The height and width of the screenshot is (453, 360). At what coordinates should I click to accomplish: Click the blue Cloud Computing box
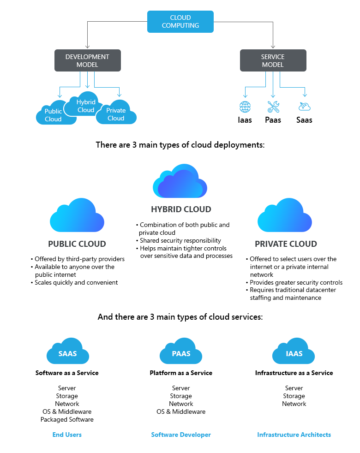coord(180,22)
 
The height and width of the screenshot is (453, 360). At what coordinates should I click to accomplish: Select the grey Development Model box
coord(88,60)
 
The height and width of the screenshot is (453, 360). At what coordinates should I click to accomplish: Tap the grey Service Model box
coord(273,60)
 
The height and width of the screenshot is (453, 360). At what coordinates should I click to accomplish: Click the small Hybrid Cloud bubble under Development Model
coord(86,106)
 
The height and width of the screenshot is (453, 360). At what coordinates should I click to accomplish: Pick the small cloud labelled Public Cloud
coord(53,115)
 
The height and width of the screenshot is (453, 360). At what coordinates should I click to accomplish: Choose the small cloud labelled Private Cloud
coord(116,114)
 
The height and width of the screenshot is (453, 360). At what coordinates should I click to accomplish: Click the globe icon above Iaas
coord(245,107)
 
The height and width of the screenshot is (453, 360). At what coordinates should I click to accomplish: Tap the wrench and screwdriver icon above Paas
coord(273,107)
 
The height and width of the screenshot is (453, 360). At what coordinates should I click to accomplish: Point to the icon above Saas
coord(304,107)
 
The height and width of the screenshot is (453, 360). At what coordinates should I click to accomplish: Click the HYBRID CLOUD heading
coord(181,209)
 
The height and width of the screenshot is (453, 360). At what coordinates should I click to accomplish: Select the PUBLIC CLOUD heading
coord(77,244)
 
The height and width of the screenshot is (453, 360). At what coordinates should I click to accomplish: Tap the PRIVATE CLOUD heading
coord(286,244)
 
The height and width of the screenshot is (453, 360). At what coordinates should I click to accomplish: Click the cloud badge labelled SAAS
coord(67,354)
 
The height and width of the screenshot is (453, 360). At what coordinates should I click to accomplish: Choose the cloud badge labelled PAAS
coord(181,354)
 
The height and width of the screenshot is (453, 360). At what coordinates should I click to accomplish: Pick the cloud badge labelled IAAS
coord(294,354)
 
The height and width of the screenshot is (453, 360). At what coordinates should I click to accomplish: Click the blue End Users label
coord(67,435)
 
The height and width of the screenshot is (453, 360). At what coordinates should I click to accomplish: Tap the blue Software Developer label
coord(181,435)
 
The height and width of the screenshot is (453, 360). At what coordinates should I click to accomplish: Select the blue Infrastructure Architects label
coord(294,435)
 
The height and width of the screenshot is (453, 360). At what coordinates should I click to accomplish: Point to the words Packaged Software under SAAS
coord(67,419)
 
